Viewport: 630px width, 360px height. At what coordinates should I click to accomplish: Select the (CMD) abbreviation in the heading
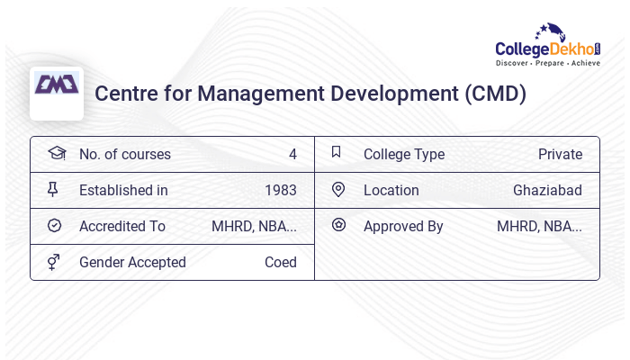click(x=495, y=94)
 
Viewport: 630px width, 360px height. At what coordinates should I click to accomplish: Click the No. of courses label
click(x=124, y=154)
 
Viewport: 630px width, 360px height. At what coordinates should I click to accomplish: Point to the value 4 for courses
click(x=292, y=154)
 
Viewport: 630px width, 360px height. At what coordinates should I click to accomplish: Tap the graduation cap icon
click(x=56, y=153)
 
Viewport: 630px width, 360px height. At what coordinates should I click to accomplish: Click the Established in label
click(x=123, y=190)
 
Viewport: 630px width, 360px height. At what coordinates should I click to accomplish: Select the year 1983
click(x=281, y=190)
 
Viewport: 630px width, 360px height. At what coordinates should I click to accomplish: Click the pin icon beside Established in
click(x=53, y=189)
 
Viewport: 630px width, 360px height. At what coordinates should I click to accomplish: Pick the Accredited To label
click(x=122, y=226)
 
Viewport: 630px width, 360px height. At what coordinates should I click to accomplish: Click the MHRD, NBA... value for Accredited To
click(x=254, y=226)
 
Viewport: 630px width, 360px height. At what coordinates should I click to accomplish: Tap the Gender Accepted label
click(x=132, y=262)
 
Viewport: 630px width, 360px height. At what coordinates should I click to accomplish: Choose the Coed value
click(x=280, y=262)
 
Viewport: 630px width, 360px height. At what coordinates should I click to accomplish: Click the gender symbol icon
click(x=53, y=261)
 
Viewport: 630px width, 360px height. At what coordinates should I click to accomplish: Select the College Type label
click(x=404, y=154)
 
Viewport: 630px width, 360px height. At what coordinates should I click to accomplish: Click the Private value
click(x=560, y=154)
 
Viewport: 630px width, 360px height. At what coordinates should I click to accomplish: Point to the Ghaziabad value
click(x=547, y=190)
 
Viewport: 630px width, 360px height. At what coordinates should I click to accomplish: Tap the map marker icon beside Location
click(x=338, y=189)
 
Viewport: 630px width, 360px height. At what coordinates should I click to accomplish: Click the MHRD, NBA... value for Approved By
click(x=539, y=226)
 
